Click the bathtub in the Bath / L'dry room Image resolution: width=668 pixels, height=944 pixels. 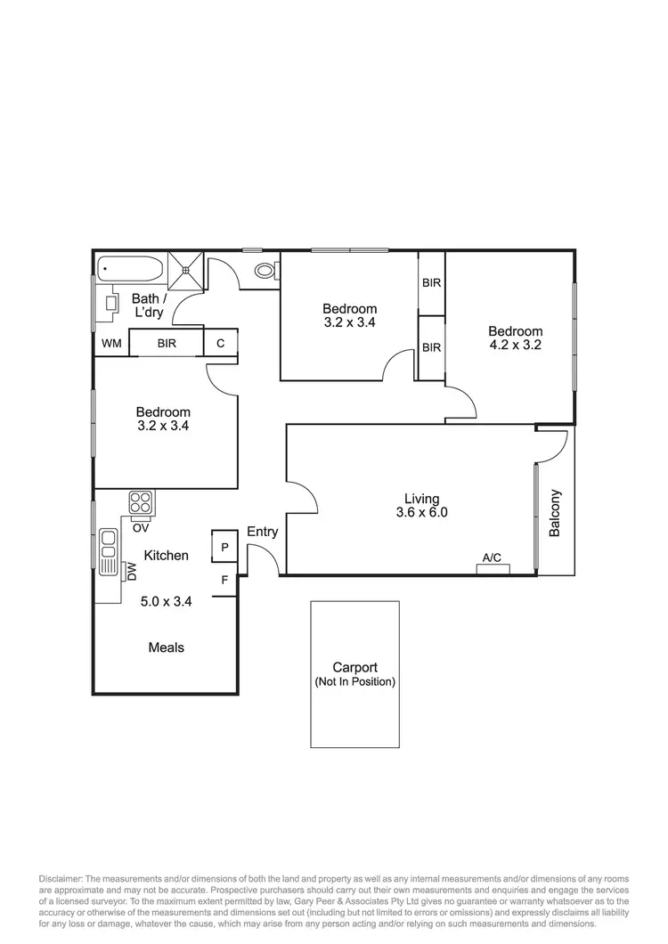pos(129,267)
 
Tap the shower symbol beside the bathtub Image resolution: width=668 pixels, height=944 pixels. pos(188,270)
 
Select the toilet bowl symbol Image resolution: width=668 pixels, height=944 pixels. pos(265,272)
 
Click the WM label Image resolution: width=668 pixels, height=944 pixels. pos(111,343)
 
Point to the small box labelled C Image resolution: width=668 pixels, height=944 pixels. pos(220,343)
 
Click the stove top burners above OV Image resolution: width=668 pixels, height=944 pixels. pos(142,501)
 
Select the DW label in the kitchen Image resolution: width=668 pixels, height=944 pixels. pos(132,571)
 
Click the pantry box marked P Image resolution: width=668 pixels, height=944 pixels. pos(224,547)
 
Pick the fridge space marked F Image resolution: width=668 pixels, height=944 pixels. pos(224,580)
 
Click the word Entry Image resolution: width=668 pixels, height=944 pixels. pos(263,532)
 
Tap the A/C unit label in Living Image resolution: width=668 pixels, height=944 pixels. pos(492,558)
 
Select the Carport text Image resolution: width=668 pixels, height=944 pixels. pos(354,667)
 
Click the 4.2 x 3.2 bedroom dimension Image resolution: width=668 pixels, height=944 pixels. pos(515,346)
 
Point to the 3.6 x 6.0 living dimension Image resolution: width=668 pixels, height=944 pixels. pos(421,513)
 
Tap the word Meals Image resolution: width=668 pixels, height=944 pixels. pos(167,647)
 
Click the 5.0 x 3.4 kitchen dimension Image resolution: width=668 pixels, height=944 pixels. pos(167,601)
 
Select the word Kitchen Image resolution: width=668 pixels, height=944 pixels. pos(167,556)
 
